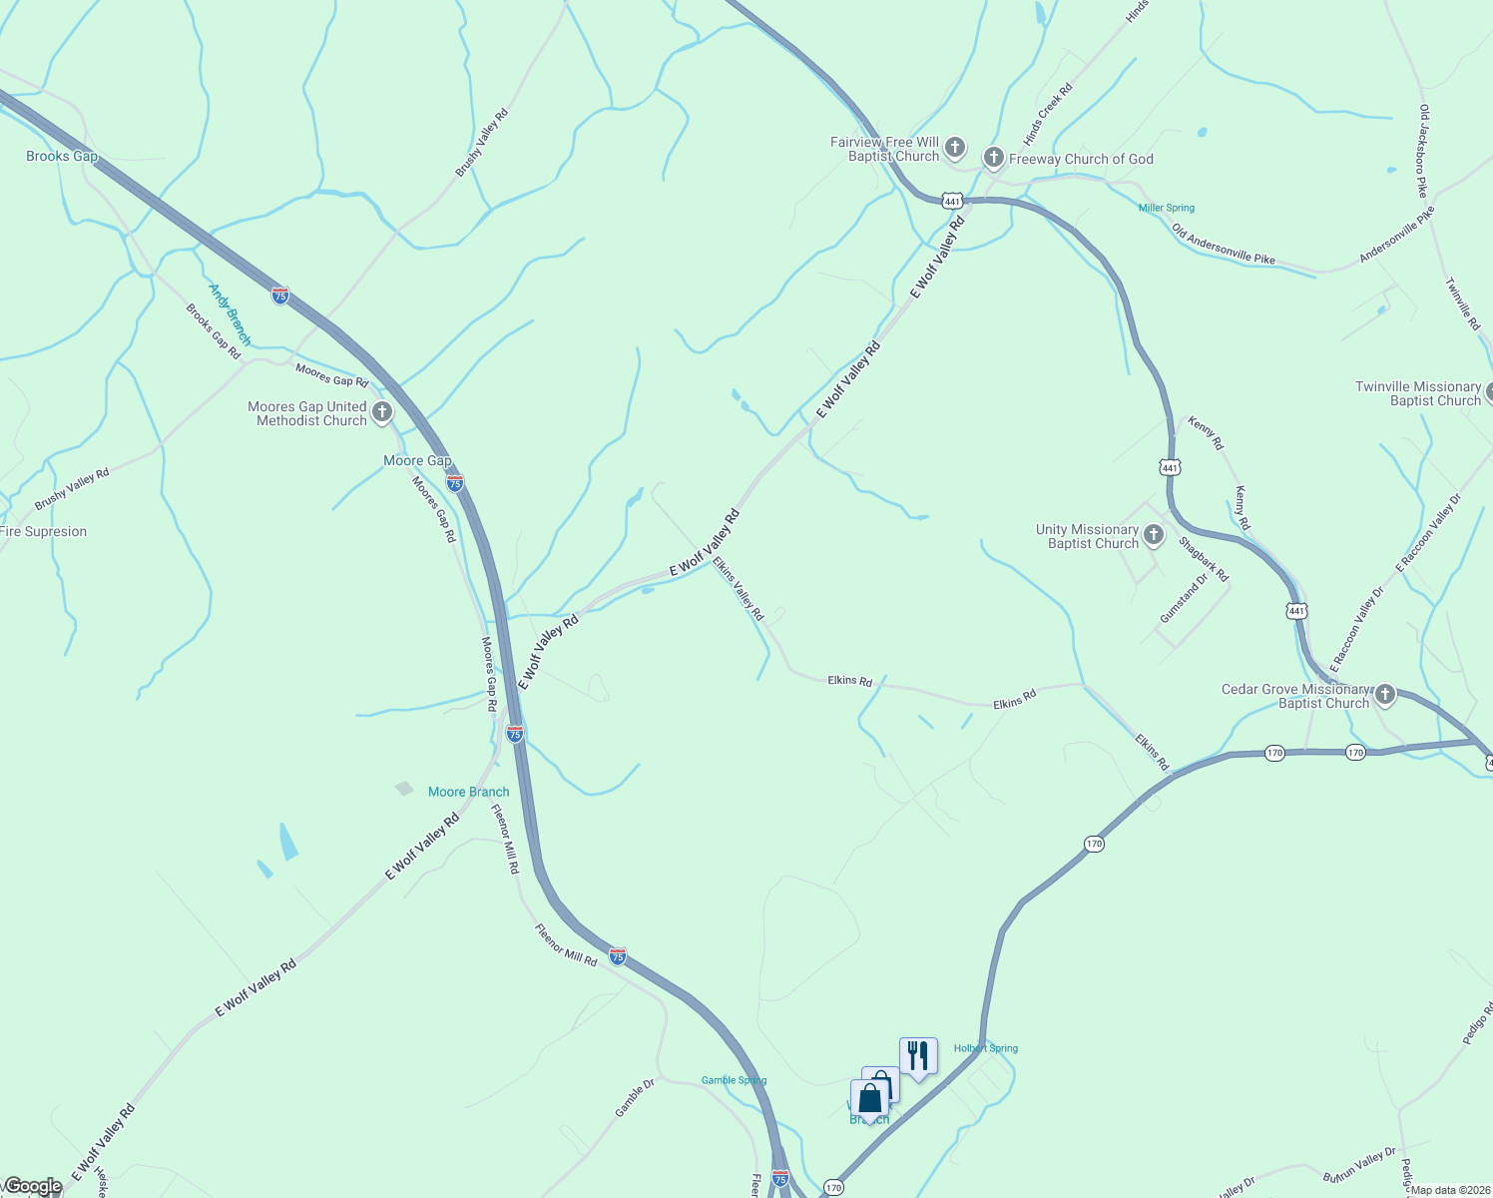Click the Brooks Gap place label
click(62, 156)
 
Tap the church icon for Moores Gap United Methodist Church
click(382, 412)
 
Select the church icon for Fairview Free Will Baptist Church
click(955, 149)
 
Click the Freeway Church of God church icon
click(993, 158)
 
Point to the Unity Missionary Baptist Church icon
click(1154, 535)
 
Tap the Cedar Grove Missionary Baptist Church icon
click(1385, 695)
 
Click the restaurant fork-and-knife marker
click(917, 1055)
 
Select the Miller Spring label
click(1167, 208)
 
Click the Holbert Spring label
click(986, 1048)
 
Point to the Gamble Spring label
click(734, 1080)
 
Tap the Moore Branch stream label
click(468, 792)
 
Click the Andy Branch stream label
click(230, 313)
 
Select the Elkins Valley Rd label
click(739, 589)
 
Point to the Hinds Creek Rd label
click(1048, 115)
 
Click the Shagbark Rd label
click(1204, 559)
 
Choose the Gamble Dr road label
click(635, 1097)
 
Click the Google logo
click(33, 1186)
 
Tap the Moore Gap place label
click(417, 460)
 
